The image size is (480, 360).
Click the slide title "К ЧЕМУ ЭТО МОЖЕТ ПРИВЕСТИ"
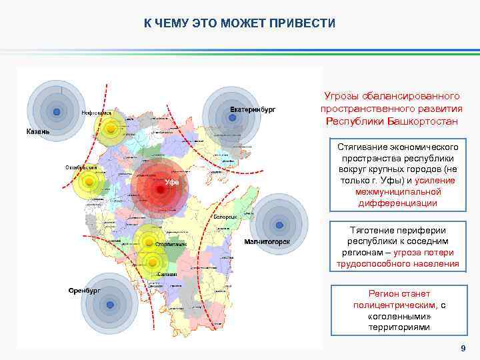[x=239, y=23]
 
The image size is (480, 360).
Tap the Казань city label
[x=38, y=131]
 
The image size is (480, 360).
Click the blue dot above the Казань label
[x=57, y=111]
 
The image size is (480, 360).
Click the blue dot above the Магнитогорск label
[x=278, y=225]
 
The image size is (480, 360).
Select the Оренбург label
[x=84, y=291]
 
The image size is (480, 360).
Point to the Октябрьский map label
[x=81, y=167]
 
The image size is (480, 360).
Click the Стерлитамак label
[x=170, y=245]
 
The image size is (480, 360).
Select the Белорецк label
[x=226, y=217]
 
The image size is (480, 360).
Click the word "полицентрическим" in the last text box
[x=392, y=305]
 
